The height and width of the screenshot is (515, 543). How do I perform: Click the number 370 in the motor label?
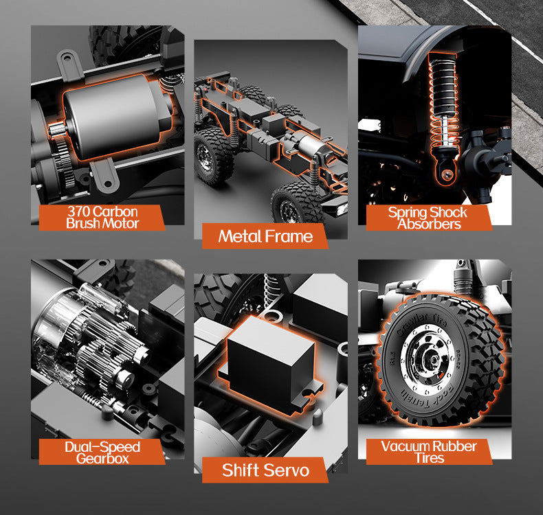tap(79, 211)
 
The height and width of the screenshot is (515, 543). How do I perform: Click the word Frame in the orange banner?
tap(289, 237)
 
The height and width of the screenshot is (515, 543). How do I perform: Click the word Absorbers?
tap(429, 224)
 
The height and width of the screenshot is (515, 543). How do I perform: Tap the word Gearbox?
tap(102, 459)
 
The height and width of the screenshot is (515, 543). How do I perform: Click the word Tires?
tap(430, 458)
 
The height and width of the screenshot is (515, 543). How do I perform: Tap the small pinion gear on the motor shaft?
tap(56, 130)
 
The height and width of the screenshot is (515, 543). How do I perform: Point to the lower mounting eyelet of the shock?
tap(447, 174)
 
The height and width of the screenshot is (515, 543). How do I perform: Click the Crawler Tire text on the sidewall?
tap(420, 323)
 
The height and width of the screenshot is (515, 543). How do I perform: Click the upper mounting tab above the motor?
tap(70, 63)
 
